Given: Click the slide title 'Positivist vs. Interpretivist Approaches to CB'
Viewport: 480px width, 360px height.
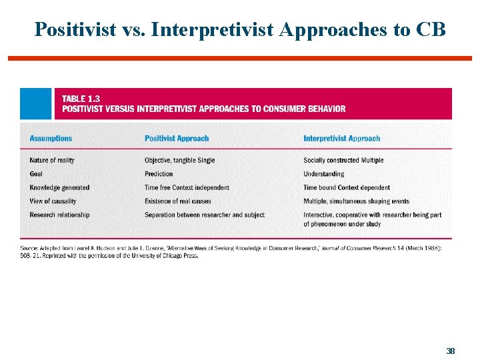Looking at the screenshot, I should [x=240, y=29].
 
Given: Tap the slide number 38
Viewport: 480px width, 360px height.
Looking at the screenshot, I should [x=451, y=351].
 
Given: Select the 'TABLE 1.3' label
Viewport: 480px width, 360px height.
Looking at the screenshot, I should [x=81, y=99].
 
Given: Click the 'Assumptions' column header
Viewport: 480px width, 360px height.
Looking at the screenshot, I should [x=51, y=139].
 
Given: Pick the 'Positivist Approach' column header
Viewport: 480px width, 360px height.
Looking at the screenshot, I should [x=177, y=139].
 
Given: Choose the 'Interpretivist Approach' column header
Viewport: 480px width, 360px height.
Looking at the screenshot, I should [x=341, y=139].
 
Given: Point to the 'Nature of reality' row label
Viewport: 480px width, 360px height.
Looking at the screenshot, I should [x=52, y=161].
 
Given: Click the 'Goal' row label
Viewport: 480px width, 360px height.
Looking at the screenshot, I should [x=37, y=174].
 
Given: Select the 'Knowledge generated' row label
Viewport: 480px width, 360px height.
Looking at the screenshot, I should [x=59, y=188].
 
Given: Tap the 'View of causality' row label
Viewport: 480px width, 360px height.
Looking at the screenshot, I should [x=53, y=201].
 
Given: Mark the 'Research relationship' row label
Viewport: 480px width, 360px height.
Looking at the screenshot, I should [x=59, y=215].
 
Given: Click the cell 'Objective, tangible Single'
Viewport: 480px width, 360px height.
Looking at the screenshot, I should [x=179, y=161].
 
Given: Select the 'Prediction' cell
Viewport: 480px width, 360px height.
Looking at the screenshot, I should [x=159, y=174].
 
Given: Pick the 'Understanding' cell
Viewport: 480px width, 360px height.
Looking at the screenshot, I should [x=323, y=174].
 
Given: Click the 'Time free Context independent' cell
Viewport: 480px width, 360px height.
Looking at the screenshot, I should [x=187, y=188].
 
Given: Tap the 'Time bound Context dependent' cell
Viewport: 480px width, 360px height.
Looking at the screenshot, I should [x=347, y=188].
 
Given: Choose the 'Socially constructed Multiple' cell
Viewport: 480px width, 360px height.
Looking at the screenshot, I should [x=343, y=161].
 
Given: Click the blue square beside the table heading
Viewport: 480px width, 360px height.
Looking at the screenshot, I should [x=35, y=104].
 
